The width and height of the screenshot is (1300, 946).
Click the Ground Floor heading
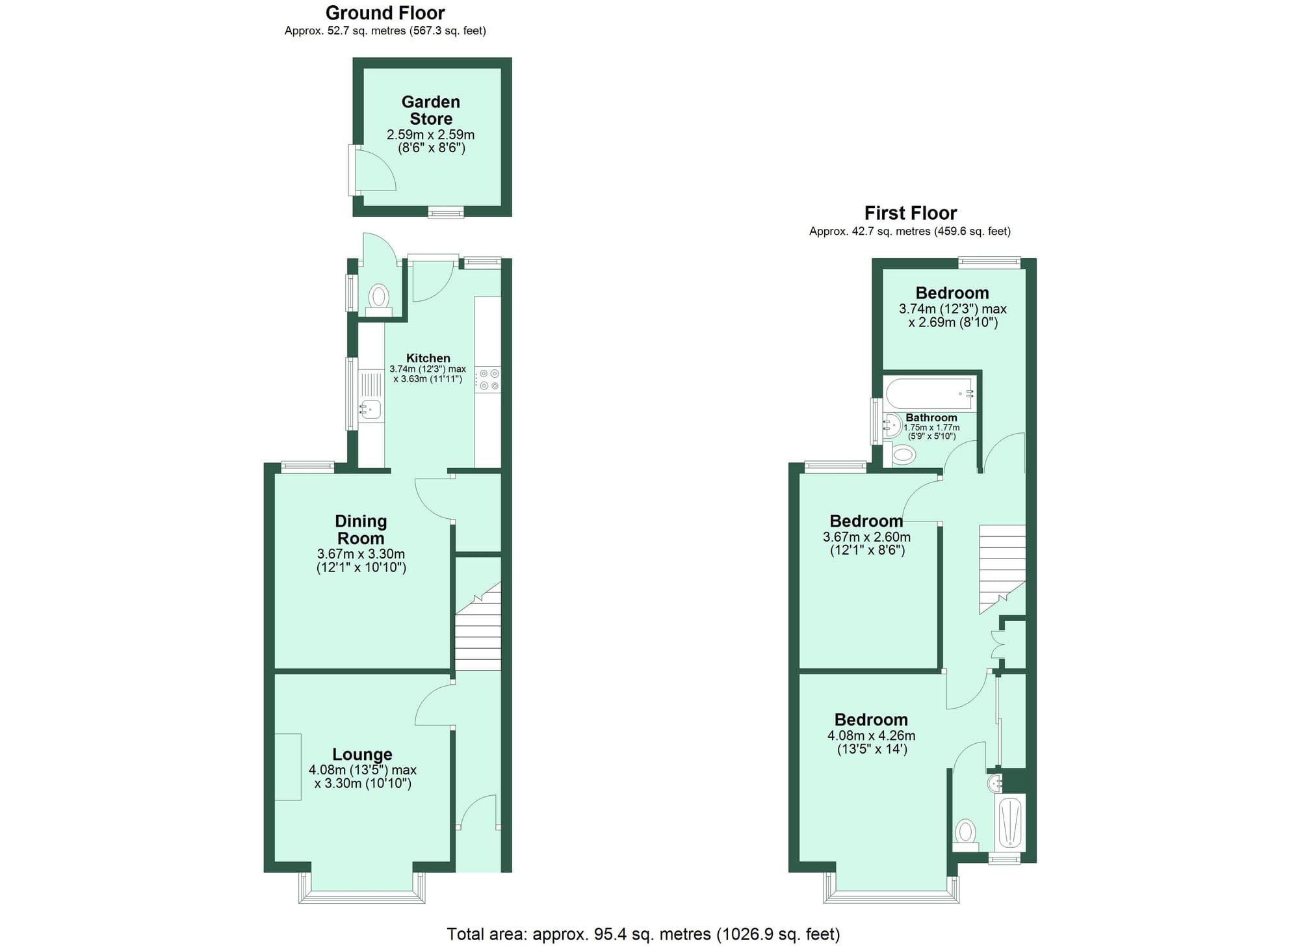pos(385,13)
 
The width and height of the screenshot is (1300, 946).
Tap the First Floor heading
pos(910,213)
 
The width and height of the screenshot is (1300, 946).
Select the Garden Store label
pos(430,111)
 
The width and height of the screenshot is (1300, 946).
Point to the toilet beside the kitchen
pos(378,298)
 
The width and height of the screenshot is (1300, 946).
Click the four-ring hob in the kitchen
pos(488,380)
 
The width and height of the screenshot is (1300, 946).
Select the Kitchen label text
pos(428,358)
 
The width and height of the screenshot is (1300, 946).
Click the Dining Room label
pos(361,529)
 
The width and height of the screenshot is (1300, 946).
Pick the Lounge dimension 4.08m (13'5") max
pos(363,770)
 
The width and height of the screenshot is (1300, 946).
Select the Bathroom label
pos(931,418)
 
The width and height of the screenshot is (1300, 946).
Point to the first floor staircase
pos(1002,566)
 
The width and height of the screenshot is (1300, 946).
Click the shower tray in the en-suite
pos(1010,822)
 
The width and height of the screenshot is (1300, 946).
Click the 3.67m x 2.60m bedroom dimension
pos(866,538)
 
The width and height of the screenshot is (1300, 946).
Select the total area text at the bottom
pos(643,934)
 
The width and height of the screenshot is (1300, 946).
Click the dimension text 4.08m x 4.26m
pos(871,736)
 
